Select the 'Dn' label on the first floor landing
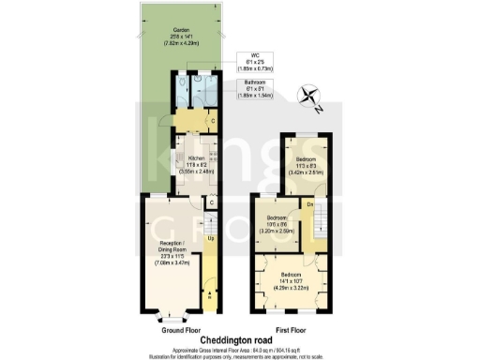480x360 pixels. click(x=310, y=202)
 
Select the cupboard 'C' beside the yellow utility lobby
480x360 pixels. click(x=215, y=121)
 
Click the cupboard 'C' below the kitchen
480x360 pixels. click(x=212, y=202)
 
